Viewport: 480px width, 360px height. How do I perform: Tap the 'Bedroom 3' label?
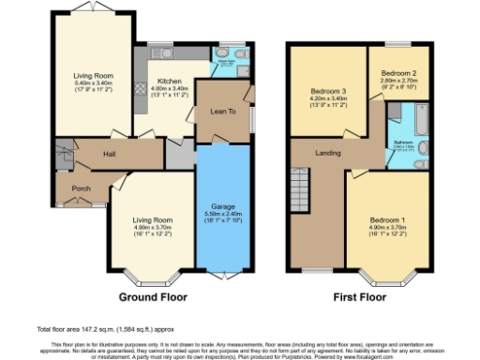tap(329, 91)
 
